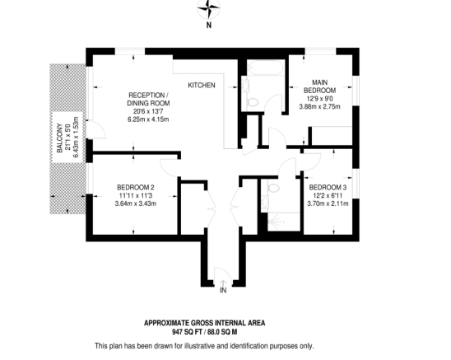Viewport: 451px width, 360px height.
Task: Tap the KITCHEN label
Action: [202, 86]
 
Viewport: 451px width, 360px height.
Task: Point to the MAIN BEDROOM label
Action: [318, 86]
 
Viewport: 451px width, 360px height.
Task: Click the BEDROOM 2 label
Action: [136, 186]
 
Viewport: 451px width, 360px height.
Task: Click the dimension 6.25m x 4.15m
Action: [147, 119]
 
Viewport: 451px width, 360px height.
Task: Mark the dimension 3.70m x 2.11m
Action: [328, 203]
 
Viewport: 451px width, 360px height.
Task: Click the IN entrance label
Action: [222, 289]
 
